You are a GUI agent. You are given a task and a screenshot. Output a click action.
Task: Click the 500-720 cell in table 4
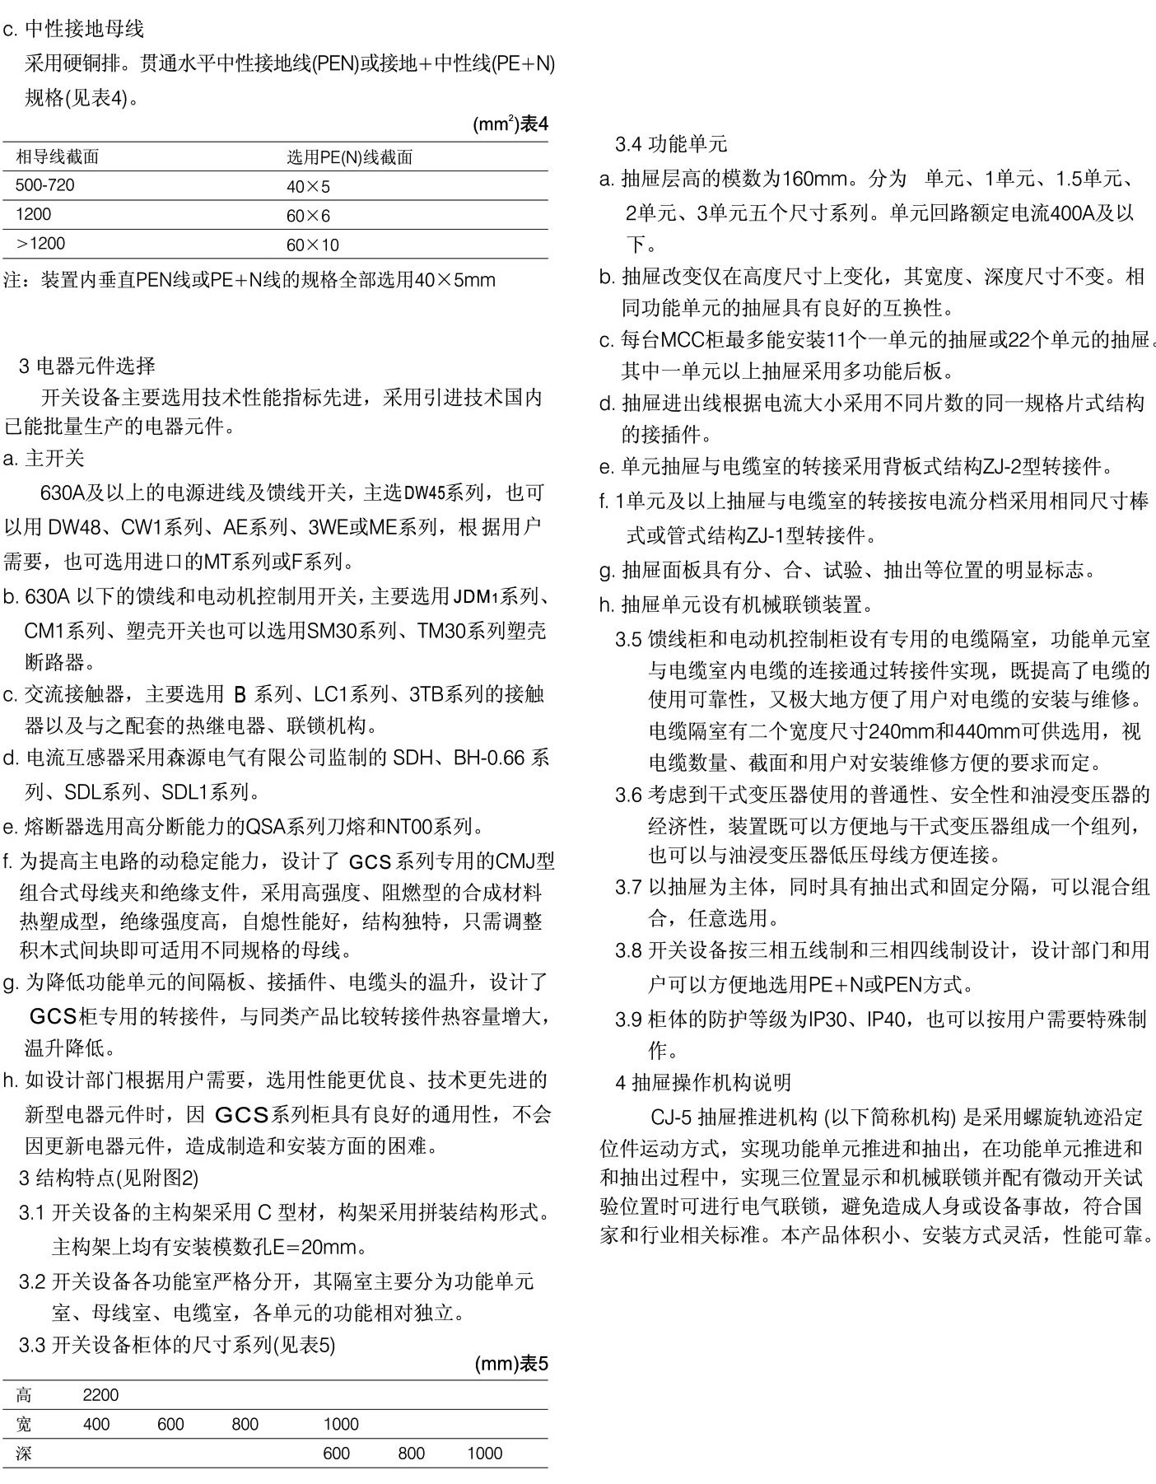44,185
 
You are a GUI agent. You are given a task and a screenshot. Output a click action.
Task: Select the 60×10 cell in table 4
313,245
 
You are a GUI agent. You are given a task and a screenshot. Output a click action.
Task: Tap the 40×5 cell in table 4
308,186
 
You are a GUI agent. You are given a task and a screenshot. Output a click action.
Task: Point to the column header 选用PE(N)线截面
349,156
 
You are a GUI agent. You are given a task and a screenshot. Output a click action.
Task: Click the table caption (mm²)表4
510,124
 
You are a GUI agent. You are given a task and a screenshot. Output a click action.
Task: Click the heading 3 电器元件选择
86,365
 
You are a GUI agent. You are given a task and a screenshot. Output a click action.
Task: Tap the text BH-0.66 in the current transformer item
489,757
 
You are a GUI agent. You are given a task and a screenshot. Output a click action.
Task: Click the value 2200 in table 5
100,1394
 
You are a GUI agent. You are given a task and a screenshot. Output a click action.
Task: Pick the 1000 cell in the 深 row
484,1454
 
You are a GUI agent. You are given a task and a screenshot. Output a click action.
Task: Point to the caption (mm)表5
510,1364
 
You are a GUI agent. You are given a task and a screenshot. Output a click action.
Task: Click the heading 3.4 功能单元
671,145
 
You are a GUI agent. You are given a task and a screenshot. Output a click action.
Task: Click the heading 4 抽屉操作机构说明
703,1082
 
